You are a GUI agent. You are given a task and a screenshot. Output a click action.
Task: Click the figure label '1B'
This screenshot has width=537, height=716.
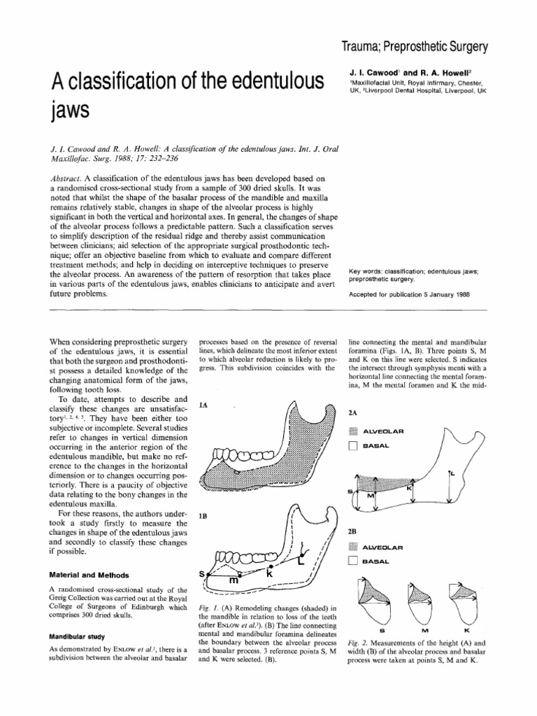point(203,516)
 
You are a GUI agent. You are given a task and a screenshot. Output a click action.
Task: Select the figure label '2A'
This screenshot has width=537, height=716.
point(353,414)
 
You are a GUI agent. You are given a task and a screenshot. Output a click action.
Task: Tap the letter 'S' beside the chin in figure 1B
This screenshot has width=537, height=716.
point(202,573)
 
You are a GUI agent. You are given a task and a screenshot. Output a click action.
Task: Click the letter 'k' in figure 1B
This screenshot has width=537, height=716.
point(268,573)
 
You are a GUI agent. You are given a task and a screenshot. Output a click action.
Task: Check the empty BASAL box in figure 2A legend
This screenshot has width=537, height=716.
point(354,446)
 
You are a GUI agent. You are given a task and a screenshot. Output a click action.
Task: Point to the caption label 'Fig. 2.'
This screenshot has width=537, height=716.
point(359,643)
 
